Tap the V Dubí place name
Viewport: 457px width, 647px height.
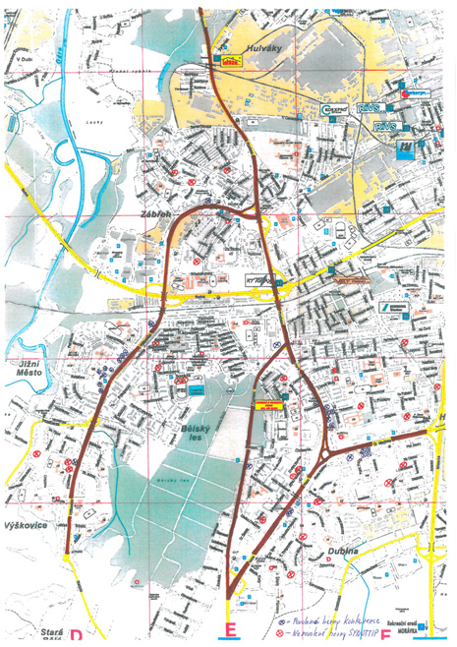tap(26, 60)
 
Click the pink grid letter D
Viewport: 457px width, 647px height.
tap(74, 632)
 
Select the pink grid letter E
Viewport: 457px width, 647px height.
tap(230, 630)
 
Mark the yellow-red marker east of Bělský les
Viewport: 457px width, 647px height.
tap(267, 404)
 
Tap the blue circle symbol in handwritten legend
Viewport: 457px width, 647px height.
tap(282, 622)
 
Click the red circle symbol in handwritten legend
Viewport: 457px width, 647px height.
tap(282, 634)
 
